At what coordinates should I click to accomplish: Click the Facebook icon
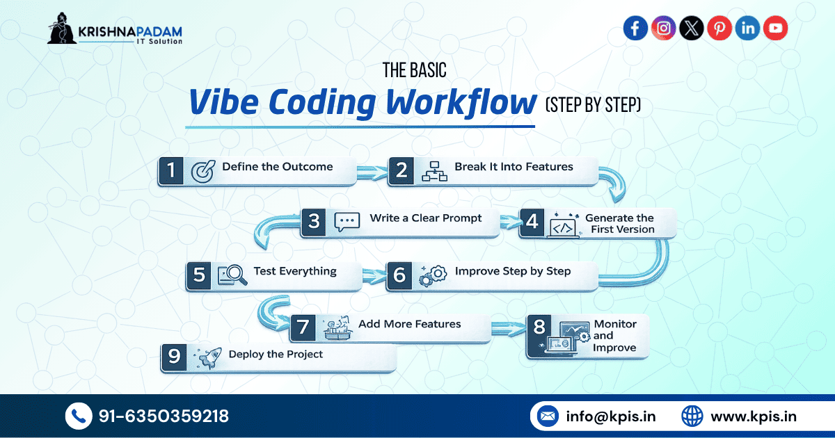635,28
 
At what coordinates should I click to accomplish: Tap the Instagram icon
664,28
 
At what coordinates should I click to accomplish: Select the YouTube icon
775,28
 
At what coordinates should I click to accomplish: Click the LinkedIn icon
747,28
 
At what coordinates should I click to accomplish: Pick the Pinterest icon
719,28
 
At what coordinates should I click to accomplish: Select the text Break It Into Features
514,167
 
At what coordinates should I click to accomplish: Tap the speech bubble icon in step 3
347,222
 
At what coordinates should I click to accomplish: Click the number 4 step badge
532,222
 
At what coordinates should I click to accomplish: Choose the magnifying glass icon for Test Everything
232,275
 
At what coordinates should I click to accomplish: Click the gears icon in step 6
432,275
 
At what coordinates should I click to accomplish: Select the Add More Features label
409,324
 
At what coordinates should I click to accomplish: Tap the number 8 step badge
539,327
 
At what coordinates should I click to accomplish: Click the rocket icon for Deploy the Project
206,357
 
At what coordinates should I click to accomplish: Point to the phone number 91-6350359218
164,416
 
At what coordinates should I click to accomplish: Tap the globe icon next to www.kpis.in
692,416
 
